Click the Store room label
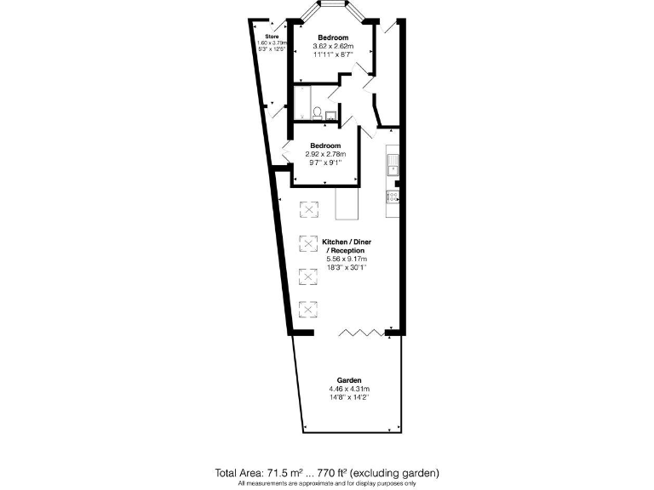point(271,37)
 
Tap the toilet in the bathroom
point(317,112)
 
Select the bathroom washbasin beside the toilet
point(332,112)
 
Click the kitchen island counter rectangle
point(347,203)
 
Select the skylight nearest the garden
point(307,308)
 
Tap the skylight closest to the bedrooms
point(307,209)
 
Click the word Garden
point(349,379)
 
